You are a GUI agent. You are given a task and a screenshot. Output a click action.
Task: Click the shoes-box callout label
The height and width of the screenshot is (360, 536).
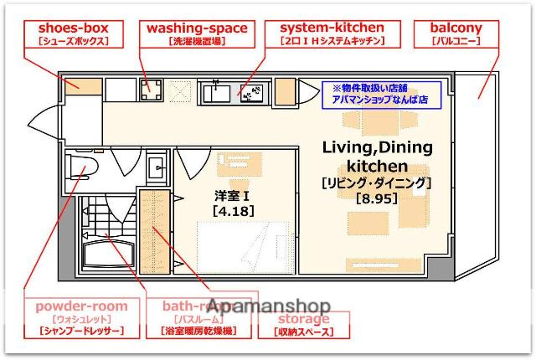coord(67,33)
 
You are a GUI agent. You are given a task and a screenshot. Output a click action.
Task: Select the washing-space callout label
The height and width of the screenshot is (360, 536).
coord(197,33)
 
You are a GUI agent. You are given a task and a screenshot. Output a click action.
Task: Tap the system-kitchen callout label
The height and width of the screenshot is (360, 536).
coord(332,33)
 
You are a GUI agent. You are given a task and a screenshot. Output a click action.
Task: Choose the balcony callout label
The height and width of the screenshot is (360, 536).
coord(455,33)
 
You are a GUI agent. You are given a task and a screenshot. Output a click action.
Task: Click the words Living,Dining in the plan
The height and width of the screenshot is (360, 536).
coord(378,148)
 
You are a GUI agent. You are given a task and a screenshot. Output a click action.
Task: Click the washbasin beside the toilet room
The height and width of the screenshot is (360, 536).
coord(157,172)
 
